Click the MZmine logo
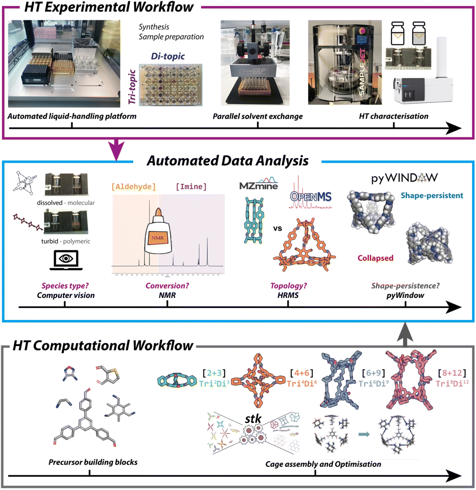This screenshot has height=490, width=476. [x=258, y=184]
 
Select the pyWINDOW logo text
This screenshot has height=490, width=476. [x=405, y=178]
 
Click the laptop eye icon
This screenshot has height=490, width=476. [x=66, y=260]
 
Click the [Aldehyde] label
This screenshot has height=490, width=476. [x=134, y=187]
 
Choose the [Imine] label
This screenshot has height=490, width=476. [x=191, y=187]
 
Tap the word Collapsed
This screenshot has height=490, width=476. [x=375, y=258]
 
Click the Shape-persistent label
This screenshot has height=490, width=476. [x=432, y=195]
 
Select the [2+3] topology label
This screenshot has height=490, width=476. [x=214, y=373]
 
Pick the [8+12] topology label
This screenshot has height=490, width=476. [x=452, y=373]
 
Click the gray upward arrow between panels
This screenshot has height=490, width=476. [x=405, y=335]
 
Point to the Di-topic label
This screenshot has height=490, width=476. [x=168, y=56]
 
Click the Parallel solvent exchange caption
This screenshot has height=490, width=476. [x=258, y=116]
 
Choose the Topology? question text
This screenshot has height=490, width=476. [x=289, y=286]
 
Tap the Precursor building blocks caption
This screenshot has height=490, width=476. [x=93, y=462]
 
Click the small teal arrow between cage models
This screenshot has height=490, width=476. [x=364, y=434]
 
